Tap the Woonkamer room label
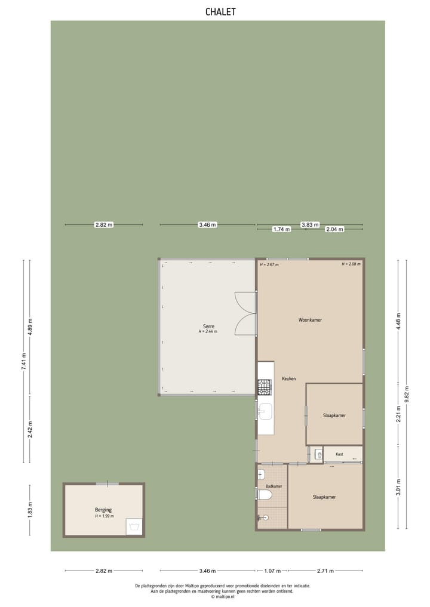click(310, 320)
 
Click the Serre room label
click(208, 326)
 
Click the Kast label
click(339, 454)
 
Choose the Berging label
click(103, 510)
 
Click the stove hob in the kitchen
click(265, 387)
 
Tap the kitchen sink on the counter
click(265, 411)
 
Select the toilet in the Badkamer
click(265, 495)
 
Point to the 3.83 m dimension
click(309, 225)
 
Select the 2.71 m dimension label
click(325, 571)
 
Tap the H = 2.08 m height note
click(351, 264)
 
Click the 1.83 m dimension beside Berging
click(30, 509)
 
